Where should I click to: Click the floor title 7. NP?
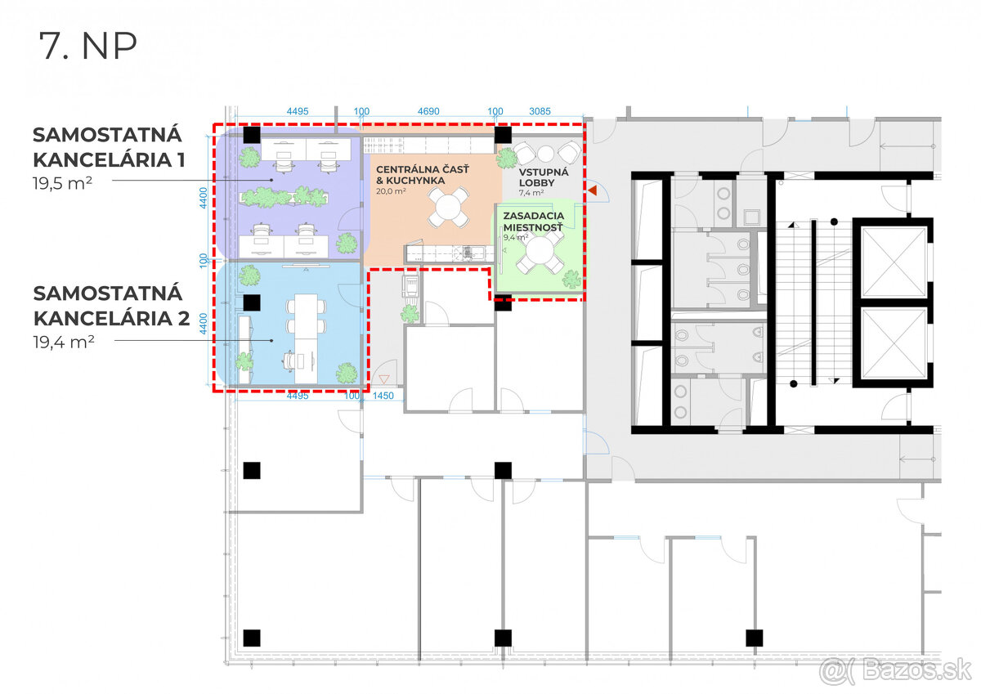[x=88, y=46]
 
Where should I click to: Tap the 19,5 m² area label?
[x=62, y=183]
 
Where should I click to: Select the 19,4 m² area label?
[x=64, y=342]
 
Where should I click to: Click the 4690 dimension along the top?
[x=428, y=111]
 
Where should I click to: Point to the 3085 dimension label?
[x=540, y=111]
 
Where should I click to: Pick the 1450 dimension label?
[x=383, y=396]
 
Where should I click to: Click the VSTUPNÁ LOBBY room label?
[x=544, y=177]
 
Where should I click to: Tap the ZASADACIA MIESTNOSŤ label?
[x=533, y=222]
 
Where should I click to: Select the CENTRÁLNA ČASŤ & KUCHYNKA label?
[x=422, y=175]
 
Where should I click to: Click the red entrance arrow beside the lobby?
[x=592, y=190]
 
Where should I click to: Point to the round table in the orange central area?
[x=448, y=207]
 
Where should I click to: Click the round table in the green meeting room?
[x=540, y=251]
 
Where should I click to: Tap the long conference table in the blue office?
[x=306, y=338]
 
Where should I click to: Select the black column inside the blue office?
[x=252, y=302]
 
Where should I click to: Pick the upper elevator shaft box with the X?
[x=894, y=261]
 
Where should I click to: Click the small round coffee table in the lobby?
[x=545, y=154]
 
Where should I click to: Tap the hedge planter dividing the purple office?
[x=284, y=197]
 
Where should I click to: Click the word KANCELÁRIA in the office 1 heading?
[x=103, y=160]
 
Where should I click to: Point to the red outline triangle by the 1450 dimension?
[x=384, y=378]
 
